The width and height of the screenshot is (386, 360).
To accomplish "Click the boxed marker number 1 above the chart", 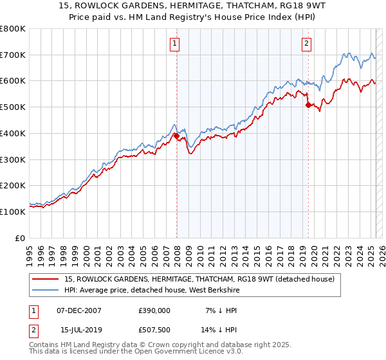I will pos(175,44).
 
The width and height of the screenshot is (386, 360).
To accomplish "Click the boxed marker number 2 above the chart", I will pos(306,44).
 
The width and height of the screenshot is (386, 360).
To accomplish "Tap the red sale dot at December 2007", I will pos(176,136).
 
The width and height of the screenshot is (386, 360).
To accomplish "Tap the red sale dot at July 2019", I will pos(308,105).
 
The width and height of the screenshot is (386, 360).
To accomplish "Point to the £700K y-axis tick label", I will pos(13,55).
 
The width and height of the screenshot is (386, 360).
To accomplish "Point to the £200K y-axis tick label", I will pos(13,186).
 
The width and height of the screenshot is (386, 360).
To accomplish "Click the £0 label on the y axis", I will pos(21,238).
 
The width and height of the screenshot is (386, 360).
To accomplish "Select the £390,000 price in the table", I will pos(155,310).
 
